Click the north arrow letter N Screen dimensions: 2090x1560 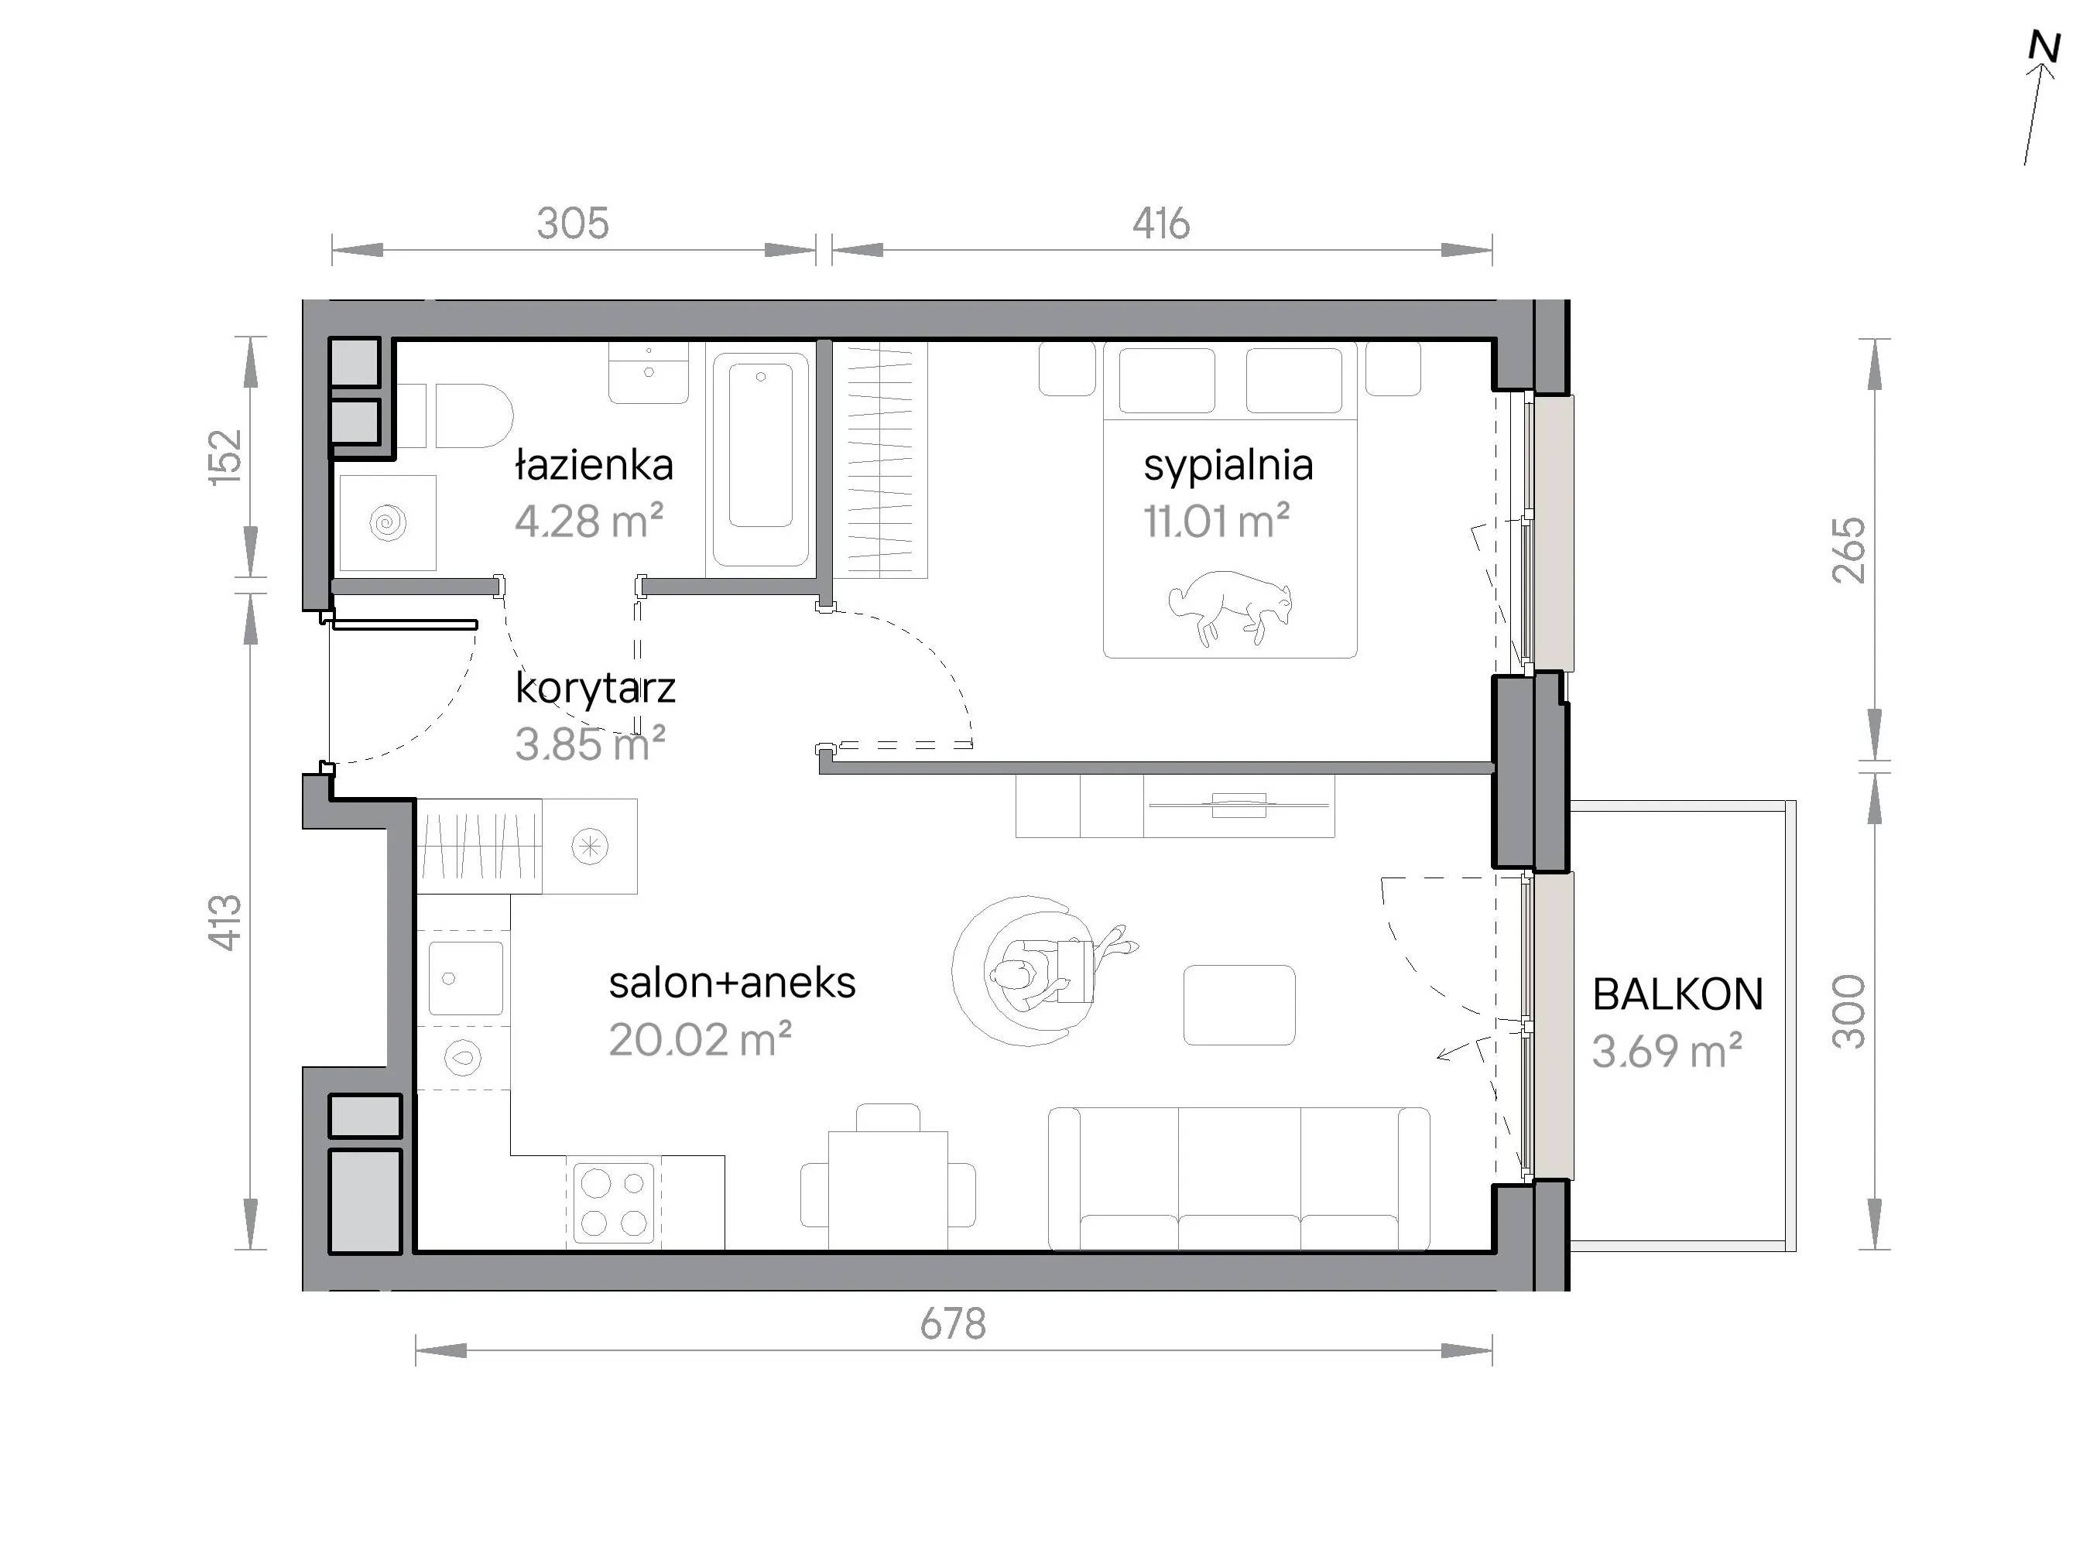click(2044, 46)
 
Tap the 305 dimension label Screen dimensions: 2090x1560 click(572, 224)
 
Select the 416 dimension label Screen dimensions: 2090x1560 click(1160, 224)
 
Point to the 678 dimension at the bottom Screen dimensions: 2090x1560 click(953, 1324)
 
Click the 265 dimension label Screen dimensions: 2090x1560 click(1848, 549)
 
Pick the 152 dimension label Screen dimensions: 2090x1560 click(226, 457)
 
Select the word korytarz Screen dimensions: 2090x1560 click(595, 689)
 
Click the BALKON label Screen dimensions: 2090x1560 click(1678, 994)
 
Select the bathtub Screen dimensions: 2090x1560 click(760, 459)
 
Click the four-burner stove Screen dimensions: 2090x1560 click(613, 1202)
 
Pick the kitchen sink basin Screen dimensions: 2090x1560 click(465, 978)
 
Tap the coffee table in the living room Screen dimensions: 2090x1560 click(1239, 1004)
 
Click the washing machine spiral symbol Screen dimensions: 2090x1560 click(388, 522)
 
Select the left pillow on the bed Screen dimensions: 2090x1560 click(1167, 381)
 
